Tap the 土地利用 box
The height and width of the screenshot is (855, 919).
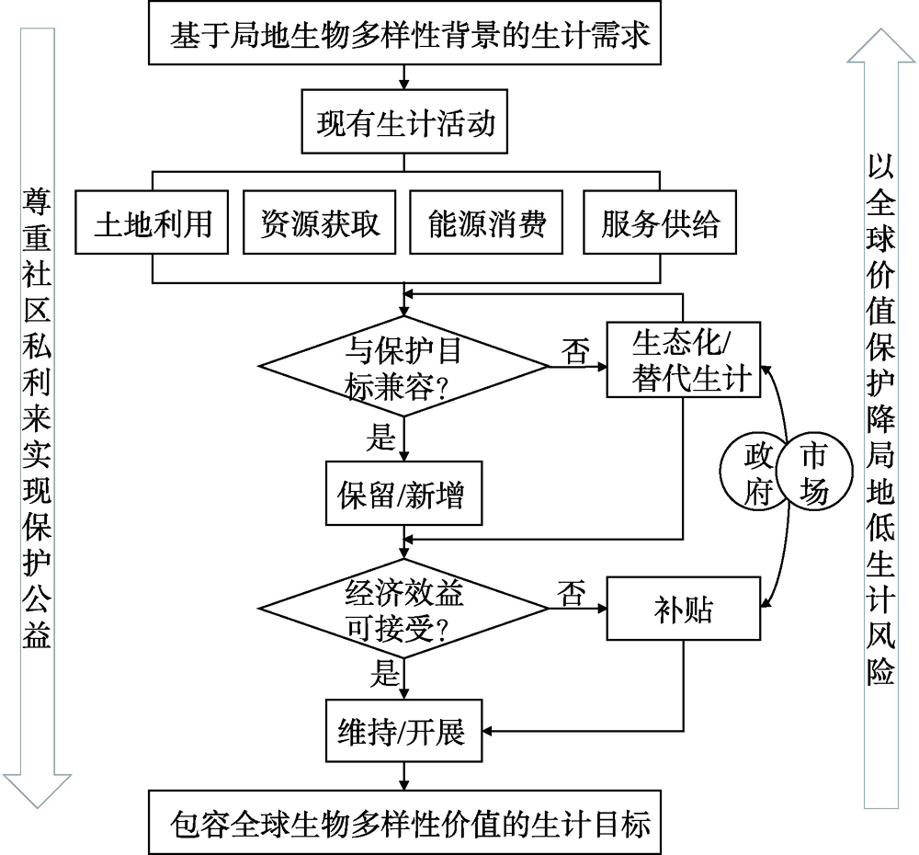pyautogui.click(x=153, y=223)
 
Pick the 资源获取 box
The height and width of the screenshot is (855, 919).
pyautogui.click(x=320, y=223)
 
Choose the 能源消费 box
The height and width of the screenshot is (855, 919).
pyautogui.click(x=487, y=223)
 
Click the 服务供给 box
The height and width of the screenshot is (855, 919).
pyautogui.click(x=661, y=223)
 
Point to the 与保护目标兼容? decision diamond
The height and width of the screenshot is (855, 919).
pyautogui.click(x=404, y=366)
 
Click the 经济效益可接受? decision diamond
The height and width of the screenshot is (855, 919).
pyautogui.click(x=404, y=608)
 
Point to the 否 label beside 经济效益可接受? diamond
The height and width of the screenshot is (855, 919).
pyautogui.click(x=570, y=594)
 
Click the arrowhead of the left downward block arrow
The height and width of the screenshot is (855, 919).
pyautogui.click(x=37, y=795)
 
